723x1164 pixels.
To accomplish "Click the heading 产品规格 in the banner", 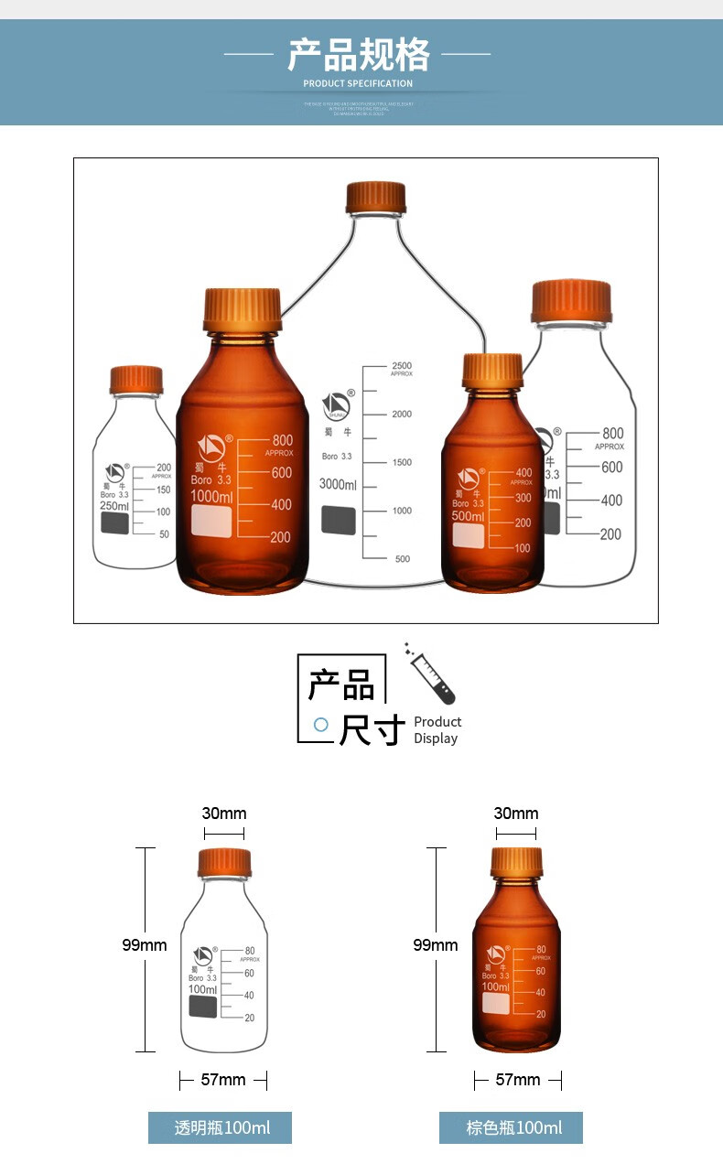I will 358,55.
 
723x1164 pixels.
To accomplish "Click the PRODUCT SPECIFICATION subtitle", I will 358,83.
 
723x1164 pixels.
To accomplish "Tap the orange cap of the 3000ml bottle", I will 375,197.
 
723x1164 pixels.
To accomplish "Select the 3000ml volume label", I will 338,484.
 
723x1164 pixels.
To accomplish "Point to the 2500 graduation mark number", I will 402,366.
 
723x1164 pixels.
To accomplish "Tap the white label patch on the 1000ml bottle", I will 211,521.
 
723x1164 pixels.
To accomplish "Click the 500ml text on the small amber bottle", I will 468,516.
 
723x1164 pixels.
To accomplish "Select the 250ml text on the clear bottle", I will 114,506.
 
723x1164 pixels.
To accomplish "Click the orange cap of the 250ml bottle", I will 136,380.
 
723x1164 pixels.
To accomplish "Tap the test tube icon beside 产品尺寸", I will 431,674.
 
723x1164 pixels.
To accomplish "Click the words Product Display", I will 437,730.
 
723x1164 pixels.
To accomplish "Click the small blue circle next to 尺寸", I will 321,724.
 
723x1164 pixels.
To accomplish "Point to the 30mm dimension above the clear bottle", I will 224,814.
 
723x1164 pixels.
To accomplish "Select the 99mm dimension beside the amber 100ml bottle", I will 436,944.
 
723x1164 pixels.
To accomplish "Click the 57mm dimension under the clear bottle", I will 223,1080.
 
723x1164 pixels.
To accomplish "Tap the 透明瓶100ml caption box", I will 221,1127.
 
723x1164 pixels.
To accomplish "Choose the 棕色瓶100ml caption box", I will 511,1127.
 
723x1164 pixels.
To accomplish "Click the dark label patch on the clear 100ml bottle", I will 203,1007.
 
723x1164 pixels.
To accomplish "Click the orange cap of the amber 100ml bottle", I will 516,862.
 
